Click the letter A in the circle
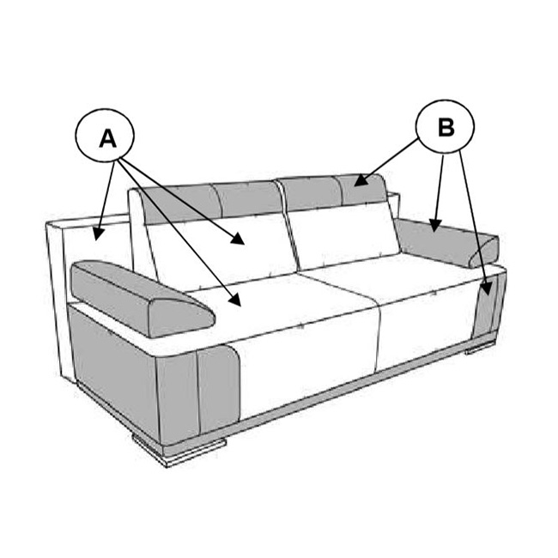107,138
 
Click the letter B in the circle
446,127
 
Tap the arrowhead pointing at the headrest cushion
361,180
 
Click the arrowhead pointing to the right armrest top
434,226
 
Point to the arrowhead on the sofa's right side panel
488,288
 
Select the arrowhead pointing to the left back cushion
237,240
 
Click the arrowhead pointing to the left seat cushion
235,300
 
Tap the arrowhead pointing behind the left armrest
98,234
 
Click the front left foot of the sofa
179,450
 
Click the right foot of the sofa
481,349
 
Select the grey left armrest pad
143,298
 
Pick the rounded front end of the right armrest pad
485,252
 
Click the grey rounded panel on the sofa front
218,388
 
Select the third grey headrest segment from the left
310,194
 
